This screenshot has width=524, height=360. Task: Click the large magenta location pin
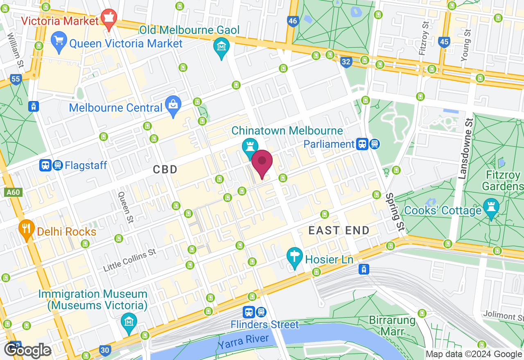click(x=262, y=163)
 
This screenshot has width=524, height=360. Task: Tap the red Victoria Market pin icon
click(x=109, y=19)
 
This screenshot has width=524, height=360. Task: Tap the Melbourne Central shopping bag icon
click(x=174, y=107)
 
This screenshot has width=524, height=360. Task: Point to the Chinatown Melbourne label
click(x=287, y=131)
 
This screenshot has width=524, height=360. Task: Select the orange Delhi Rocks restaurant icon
click(x=27, y=230)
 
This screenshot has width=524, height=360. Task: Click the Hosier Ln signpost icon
click(x=295, y=259)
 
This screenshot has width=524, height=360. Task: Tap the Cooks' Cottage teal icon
click(x=490, y=209)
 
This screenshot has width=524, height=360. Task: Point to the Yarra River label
click(x=243, y=342)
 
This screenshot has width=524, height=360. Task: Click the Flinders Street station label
click(x=265, y=324)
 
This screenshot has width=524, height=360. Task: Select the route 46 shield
click(x=292, y=21)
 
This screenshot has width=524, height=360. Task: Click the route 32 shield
click(x=346, y=62)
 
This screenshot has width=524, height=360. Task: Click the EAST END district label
click(x=339, y=230)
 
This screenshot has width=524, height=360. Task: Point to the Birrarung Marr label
click(x=392, y=325)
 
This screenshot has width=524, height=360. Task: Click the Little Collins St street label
click(x=130, y=260)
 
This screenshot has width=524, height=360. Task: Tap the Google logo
click(x=28, y=350)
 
